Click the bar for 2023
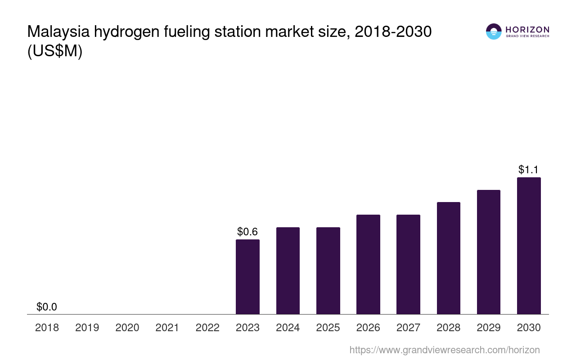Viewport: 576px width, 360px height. point(247,277)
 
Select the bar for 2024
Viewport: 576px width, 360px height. point(288,270)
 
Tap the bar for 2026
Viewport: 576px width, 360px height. point(368,264)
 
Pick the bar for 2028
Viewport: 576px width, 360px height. point(448,258)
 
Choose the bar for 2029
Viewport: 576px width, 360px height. point(488,252)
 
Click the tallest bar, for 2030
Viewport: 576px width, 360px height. point(529,246)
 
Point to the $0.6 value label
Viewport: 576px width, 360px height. point(247,232)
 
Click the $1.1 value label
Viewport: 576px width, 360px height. point(529,170)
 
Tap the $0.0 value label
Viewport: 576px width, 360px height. point(47,307)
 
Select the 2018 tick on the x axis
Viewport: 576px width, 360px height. point(47,328)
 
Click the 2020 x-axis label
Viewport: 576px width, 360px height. point(127,328)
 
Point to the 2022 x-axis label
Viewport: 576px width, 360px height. point(207,328)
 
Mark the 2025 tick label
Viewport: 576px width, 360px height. point(328,328)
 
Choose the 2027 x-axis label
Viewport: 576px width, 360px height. point(408,328)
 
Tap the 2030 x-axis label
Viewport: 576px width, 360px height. point(529,328)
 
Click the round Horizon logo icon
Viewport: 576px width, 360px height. point(494,31)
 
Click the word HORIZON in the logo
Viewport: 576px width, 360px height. point(527,30)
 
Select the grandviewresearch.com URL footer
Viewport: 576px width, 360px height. point(444,350)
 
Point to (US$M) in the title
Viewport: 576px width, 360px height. point(55,52)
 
